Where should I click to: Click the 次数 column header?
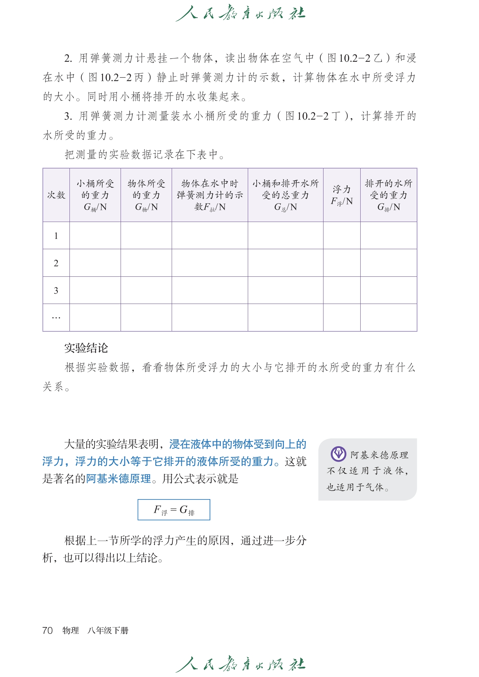click(56, 195)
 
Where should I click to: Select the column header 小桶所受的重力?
click(95, 195)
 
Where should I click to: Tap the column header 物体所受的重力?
click(146, 195)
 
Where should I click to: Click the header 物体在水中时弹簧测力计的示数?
click(210, 195)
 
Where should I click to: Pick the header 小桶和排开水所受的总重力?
click(286, 195)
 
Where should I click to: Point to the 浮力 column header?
click(342, 195)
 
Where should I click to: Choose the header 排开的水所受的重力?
click(389, 195)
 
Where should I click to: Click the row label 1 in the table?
click(56, 236)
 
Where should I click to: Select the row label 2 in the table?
click(56, 263)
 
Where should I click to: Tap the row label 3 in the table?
click(56, 291)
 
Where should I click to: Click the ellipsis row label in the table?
click(56, 318)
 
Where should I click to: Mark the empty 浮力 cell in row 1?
click(342, 236)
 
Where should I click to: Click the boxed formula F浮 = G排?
click(174, 510)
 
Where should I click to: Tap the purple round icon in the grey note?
click(338, 454)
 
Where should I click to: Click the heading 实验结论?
click(86, 348)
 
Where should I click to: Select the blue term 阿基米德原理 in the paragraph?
click(119, 479)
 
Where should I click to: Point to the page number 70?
click(47, 630)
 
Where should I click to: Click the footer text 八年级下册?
click(108, 631)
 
